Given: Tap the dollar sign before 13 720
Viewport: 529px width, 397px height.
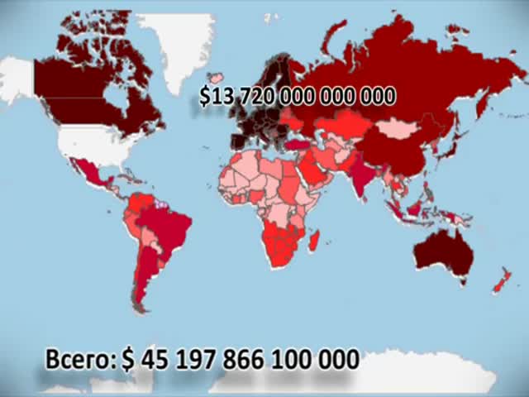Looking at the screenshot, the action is (x=205, y=97).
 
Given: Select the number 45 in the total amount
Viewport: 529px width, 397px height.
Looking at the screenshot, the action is (x=155, y=359).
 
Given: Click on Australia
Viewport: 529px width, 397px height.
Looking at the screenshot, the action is (x=442, y=252).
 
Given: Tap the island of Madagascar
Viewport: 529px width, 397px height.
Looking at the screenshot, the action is (x=314, y=242).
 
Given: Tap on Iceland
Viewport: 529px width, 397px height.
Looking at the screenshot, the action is (x=217, y=79).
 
